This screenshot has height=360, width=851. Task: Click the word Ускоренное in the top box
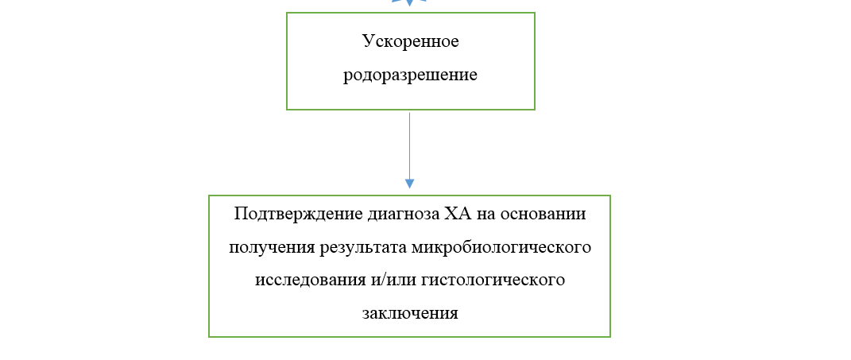click(410, 41)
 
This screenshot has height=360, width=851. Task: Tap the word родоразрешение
click(410, 75)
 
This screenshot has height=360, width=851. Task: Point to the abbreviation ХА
click(457, 214)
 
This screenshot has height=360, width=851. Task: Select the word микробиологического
click(502, 247)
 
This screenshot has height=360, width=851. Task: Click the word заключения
click(410, 312)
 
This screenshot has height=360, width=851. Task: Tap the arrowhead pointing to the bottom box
click(410, 184)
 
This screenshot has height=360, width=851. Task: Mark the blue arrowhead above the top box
click(410, 2)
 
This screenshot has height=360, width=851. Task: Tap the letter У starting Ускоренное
click(367, 41)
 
